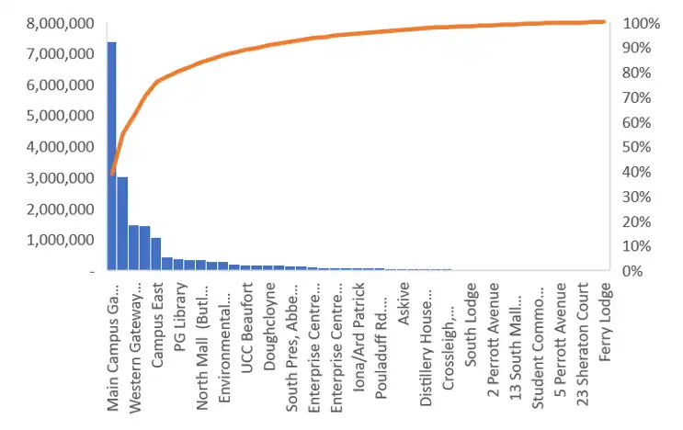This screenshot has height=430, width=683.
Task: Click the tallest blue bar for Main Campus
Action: click(x=112, y=156)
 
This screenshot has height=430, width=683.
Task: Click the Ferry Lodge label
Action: click(x=606, y=323)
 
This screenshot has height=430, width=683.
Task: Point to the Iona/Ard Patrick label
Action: click(x=359, y=339)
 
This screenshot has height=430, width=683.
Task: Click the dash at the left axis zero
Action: click(x=91, y=271)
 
